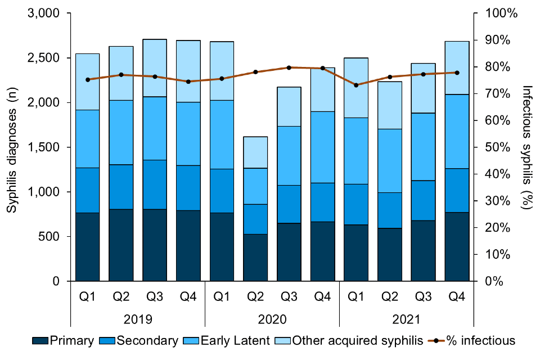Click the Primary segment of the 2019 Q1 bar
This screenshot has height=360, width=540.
(88, 247)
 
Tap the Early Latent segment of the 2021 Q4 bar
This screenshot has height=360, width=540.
(457, 131)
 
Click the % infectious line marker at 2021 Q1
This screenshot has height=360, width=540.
(356, 85)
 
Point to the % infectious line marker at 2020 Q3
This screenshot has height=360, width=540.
(289, 67)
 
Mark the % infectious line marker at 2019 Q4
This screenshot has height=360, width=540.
(188, 82)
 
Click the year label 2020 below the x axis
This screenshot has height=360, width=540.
(272, 319)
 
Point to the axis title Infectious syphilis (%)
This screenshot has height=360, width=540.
(527, 147)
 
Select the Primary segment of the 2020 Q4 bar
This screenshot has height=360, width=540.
(323, 251)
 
